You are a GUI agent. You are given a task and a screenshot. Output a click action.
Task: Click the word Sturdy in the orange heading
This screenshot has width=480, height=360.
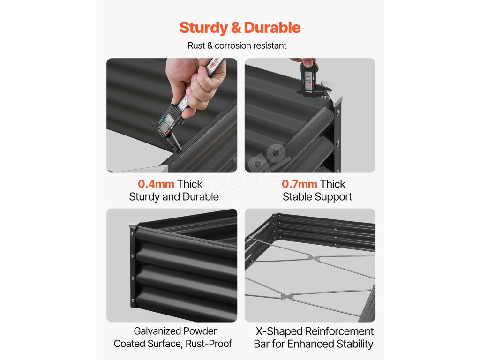click(x=204, y=28)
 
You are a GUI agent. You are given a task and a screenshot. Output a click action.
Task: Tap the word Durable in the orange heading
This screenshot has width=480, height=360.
click(x=272, y=28)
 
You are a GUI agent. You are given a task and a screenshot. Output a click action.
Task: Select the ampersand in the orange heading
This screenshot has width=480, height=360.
click(x=236, y=28)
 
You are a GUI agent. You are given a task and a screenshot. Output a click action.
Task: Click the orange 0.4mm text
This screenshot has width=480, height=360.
click(x=156, y=184)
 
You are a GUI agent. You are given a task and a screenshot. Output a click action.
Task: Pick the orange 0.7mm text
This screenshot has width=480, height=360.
click(x=300, y=184)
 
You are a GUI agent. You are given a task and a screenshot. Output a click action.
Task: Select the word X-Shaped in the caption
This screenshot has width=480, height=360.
click(x=279, y=331)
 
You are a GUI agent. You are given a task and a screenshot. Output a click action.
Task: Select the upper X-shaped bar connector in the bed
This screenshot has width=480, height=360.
click(x=314, y=258)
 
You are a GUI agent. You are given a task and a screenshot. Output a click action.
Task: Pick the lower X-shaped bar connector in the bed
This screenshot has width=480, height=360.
click(x=287, y=296)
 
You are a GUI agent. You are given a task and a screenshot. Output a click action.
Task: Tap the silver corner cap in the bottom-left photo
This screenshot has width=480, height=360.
click(x=134, y=225)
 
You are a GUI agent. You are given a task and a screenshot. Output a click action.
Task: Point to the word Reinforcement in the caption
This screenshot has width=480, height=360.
click(x=339, y=331)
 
